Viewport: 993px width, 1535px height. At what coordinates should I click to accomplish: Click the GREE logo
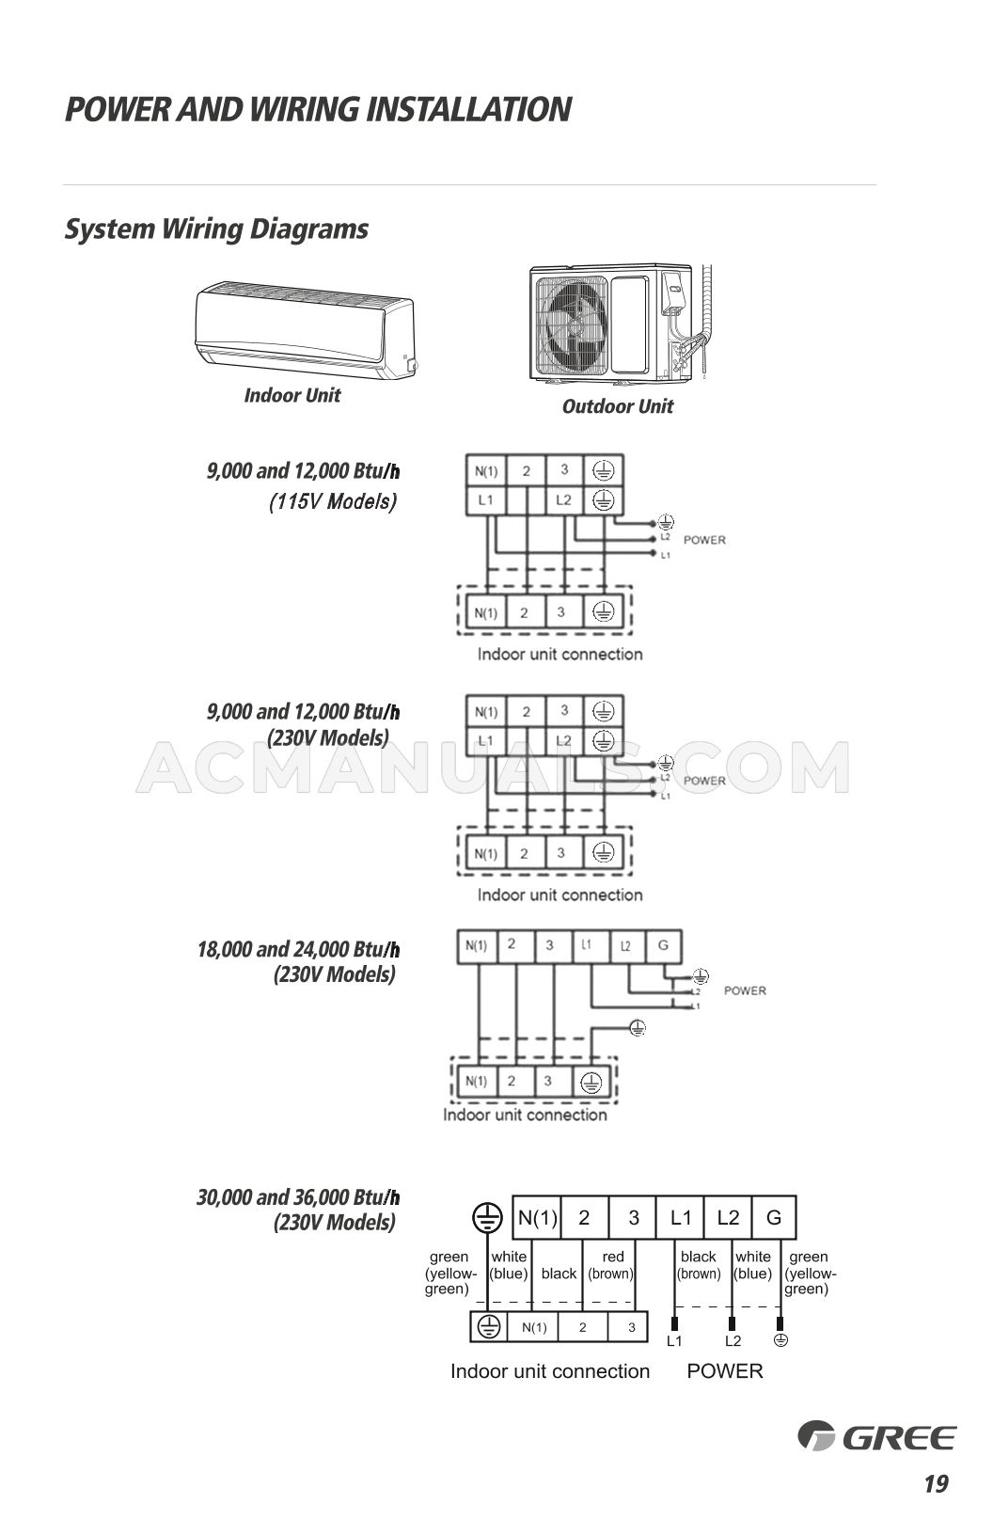[876, 1437]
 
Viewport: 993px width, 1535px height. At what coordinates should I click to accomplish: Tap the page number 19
[936, 1484]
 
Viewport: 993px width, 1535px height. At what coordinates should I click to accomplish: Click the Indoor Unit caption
[292, 395]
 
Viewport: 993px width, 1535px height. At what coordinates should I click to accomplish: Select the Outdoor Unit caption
[617, 406]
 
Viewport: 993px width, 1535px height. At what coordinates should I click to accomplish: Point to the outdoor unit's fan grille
[572, 324]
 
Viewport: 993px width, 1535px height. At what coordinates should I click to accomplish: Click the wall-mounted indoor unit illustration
[304, 329]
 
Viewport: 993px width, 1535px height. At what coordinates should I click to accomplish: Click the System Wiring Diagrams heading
[216, 229]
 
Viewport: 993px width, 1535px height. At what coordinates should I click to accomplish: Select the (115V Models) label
[333, 501]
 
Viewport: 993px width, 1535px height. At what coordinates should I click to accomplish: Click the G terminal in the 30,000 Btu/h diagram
[774, 1218]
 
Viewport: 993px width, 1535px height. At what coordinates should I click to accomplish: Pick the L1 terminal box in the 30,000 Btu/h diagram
[681, 1218]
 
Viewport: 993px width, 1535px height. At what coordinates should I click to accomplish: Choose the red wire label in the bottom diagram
[612, 1257]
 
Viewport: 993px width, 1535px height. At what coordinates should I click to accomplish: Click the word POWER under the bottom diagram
[725, 1371]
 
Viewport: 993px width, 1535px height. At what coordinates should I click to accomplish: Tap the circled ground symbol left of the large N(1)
[487, 1218]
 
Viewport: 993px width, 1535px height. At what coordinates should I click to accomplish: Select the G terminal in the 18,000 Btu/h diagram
[663, 945]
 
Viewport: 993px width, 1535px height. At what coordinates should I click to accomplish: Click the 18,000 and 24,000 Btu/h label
[297, 949]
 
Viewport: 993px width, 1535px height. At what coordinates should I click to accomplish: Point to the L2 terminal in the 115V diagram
[563, 500]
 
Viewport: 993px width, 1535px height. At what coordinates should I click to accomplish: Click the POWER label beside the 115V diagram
[704, 540]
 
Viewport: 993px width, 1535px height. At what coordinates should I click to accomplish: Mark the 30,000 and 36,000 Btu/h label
[297, 1197]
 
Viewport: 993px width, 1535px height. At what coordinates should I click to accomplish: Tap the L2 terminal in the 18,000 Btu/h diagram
[625, 945]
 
